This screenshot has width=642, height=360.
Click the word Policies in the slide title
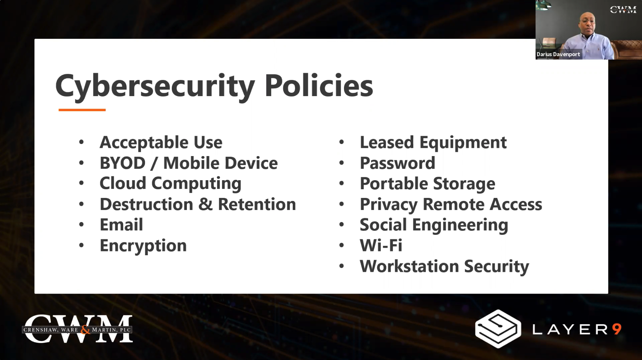point(319,85)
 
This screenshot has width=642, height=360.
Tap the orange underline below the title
point(82,110)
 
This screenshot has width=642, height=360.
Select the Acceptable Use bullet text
point(161,142)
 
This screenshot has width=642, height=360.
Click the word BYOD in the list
point(122,163)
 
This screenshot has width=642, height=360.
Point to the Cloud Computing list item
point(170,184)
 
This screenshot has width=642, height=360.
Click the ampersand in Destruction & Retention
point(205,204)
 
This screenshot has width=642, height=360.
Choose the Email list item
point(121,225)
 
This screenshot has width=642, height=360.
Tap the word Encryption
point(143,246)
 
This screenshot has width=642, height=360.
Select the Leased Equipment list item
point(433,142)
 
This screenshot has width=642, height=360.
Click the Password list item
point(397,163)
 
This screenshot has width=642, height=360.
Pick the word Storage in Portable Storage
point(464,184)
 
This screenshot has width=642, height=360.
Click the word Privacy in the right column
point(388,205)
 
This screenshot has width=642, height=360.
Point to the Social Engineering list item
point(434,225)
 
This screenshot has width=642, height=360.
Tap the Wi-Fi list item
point(381,245)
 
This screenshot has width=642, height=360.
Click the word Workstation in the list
point(409,266)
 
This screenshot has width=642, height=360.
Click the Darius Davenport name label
point(558,54)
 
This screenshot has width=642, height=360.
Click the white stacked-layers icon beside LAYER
point(498,329)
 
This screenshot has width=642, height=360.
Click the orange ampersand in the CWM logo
point(85,330)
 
